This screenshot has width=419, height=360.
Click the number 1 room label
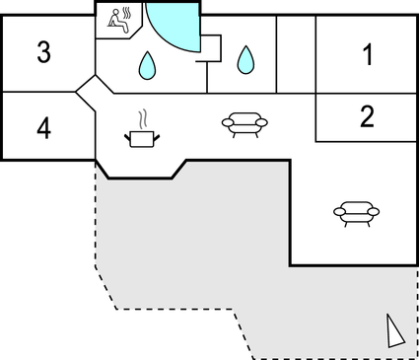click(368, 55)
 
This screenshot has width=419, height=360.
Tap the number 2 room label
click(367, 117)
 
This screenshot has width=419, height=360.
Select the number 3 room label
click(43, 53)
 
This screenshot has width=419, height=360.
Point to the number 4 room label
click(43, 126)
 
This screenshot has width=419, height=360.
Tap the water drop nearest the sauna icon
click(147, 65)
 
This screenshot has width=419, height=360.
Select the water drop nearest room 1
click(245, 61)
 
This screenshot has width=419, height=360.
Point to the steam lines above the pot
click(144, 117)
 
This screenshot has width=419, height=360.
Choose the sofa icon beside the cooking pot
click(241, 122)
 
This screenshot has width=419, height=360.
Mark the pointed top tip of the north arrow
click(387, 315)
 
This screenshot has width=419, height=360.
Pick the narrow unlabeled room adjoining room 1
click(295, 54)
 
